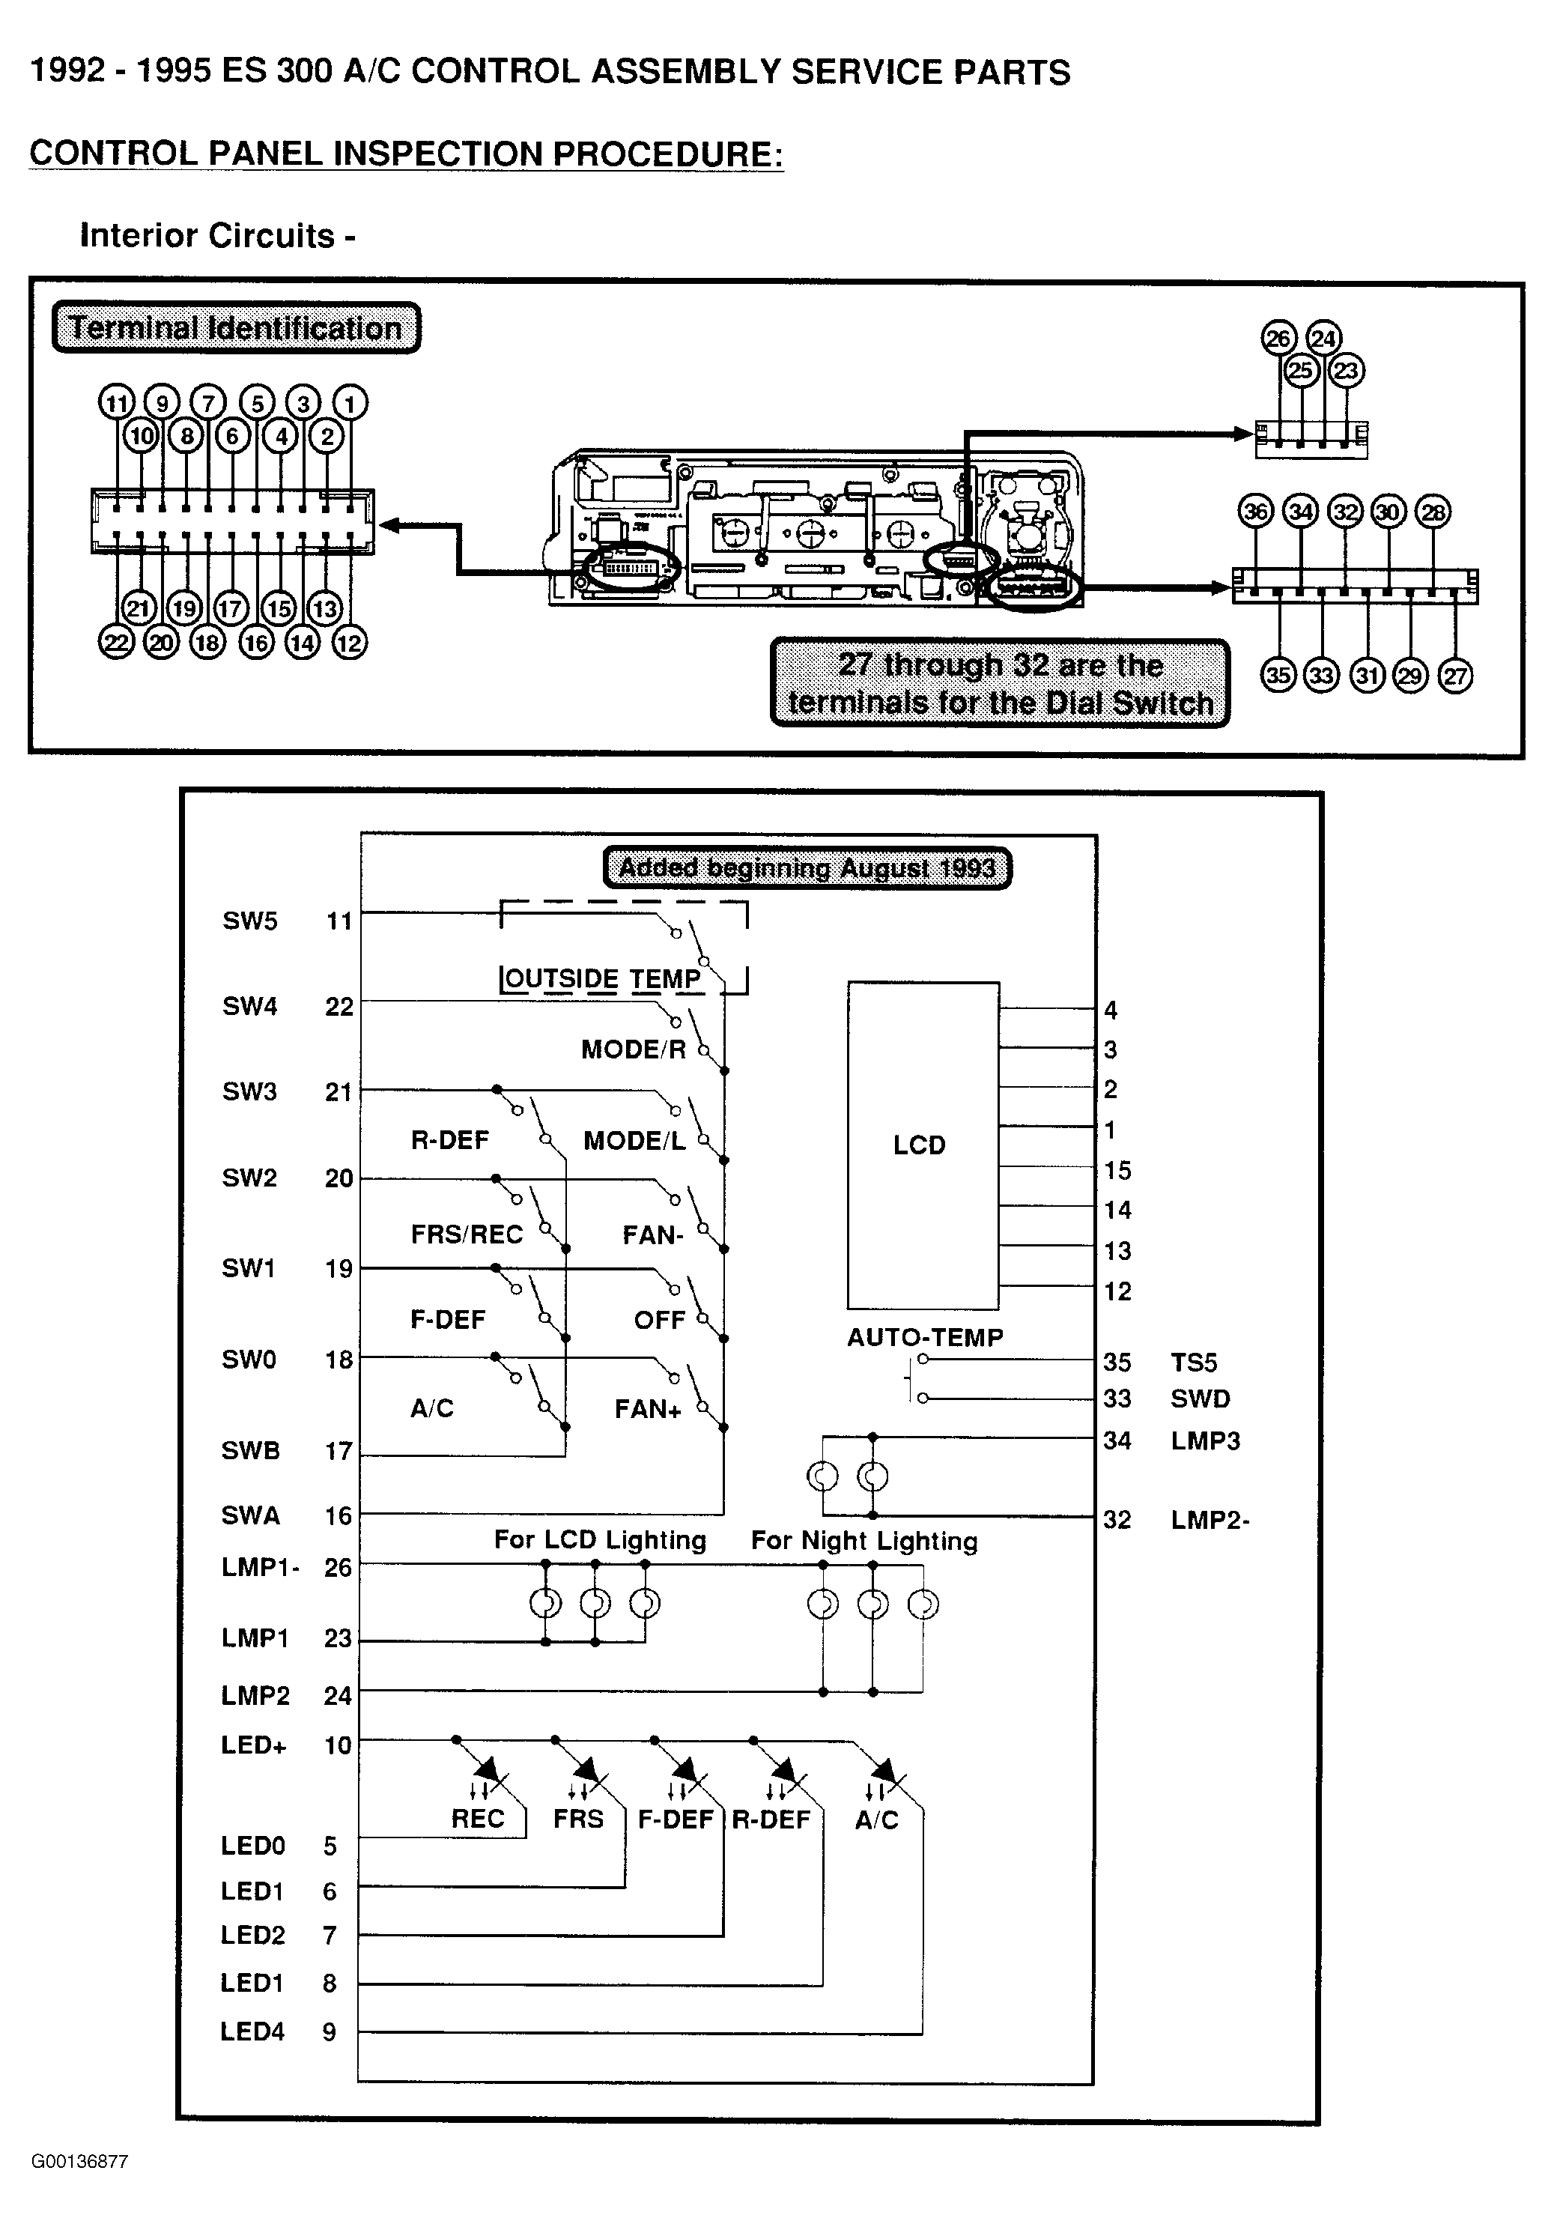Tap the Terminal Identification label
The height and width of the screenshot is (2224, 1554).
pyautogui.click(x=236, y=328)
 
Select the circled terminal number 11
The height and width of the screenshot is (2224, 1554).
pyautogui.click(x=116, y=403)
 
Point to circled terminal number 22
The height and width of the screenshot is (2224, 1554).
pyautogui.click(x=116, y=642)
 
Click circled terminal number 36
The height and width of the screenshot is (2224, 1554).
pyautogui.click(x=1256, y=512)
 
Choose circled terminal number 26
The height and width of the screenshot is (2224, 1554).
pyautogui.click(x=1279, y=338)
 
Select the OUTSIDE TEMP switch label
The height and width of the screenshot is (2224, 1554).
pyautogui.click(x=602, y=978)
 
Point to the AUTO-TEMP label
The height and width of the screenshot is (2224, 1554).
pyautogui.click(x=925, y=1337)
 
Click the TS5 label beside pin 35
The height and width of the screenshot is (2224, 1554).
pyautogui.click(x=1194, y=1362)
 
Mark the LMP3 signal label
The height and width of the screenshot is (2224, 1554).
pyautogui.click(x=1206, y=1440)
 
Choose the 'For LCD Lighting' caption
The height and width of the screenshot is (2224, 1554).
pyautogui.click(x=601, y=1540)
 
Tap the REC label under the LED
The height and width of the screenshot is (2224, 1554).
pyautogui.click(x=479, y=1818)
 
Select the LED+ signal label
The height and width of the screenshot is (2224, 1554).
pyautogui.click(x=254, y=1745)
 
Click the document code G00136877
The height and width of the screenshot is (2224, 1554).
pyautogui.click(x=79, y=2162)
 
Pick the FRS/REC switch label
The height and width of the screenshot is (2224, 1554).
pyautogui.click(x=467, y=1234)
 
